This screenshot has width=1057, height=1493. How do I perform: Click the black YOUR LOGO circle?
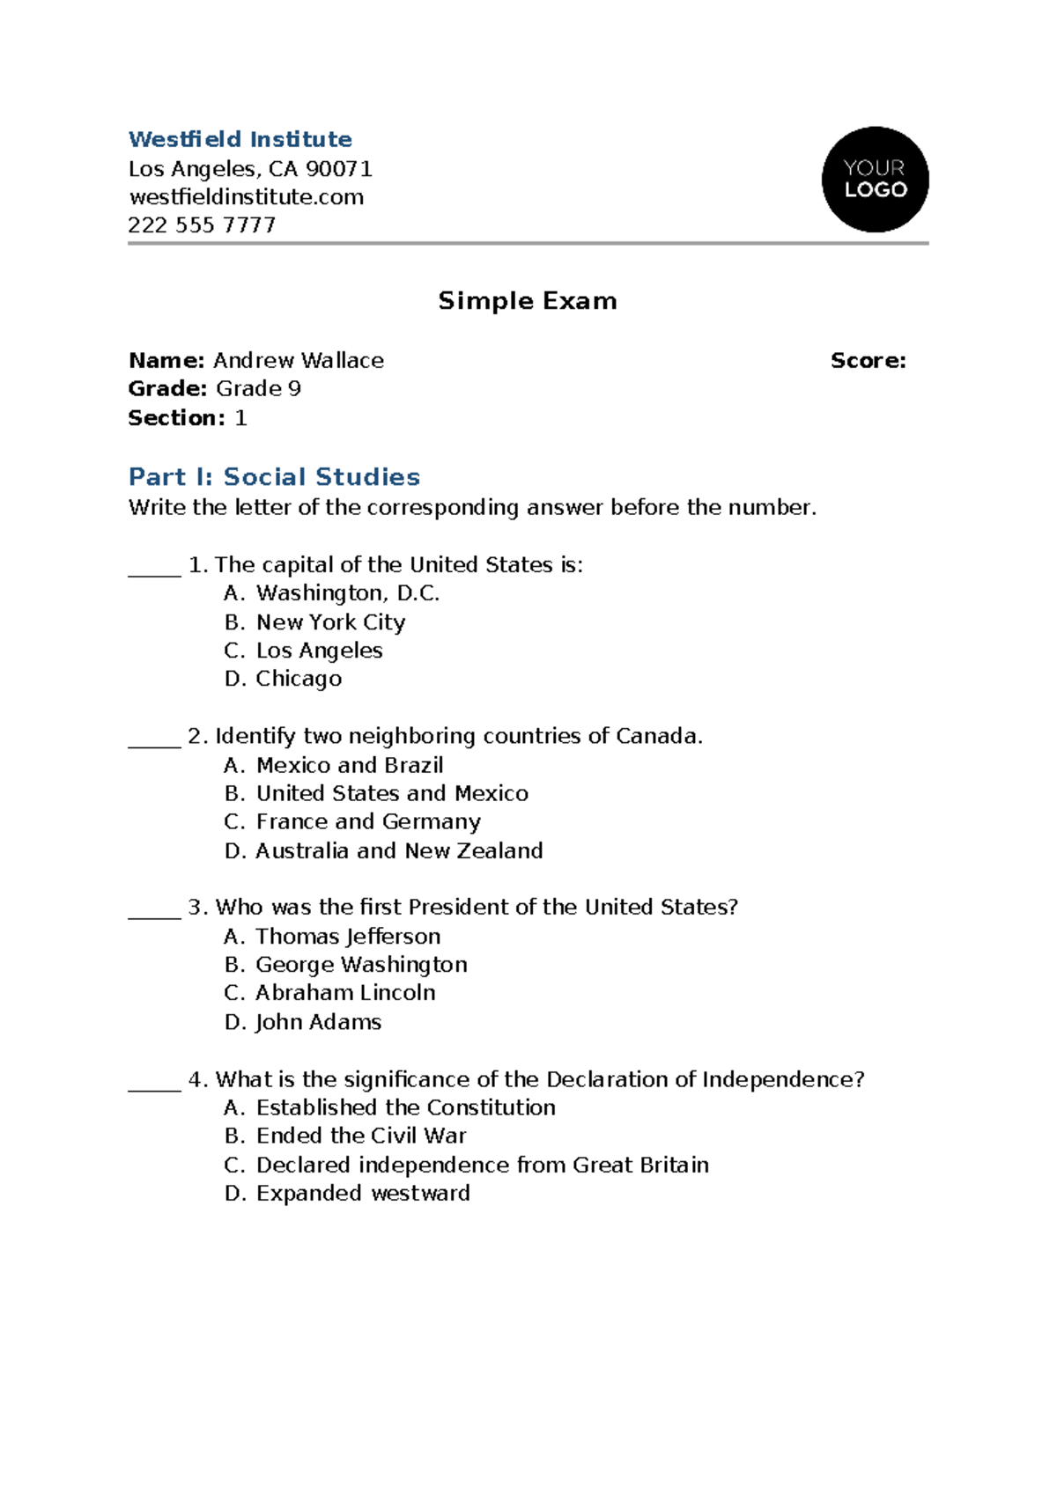point(875,180)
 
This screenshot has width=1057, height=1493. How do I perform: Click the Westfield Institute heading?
point(240,139)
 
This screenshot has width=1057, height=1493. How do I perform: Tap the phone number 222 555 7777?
point(202,225)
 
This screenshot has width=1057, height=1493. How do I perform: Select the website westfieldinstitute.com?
point(246,197)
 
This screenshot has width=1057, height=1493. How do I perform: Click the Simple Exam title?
point(528,301)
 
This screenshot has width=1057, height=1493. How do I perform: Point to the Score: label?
point(868,361)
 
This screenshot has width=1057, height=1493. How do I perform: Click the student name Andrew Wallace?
point(299,361)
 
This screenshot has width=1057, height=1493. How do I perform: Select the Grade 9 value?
point(258,389)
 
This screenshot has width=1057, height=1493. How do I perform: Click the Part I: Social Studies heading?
point(274,477)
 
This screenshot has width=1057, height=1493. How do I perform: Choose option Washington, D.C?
point(347,593)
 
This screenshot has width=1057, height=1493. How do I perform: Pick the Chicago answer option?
point(299,679)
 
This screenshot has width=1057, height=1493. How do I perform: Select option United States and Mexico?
point(392,794)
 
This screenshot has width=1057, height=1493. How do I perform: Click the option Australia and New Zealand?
point(399,851)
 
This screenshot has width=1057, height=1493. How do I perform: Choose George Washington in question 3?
point(361,965)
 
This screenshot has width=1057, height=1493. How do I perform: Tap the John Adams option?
point(318,1022)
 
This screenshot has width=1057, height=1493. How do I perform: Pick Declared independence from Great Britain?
point(482,1166)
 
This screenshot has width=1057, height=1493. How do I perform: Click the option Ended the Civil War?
point(361,1136)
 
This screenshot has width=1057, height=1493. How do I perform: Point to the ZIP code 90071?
point(338,169)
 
